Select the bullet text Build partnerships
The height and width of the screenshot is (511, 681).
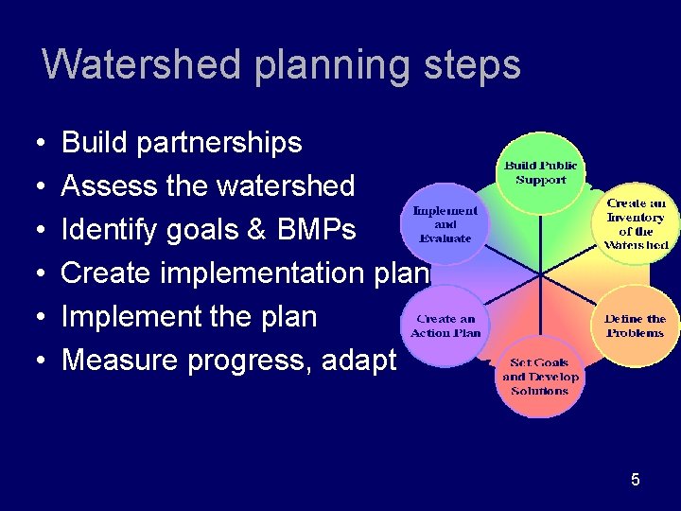tap(182, 143)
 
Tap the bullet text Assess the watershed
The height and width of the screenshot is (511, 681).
tap(208, 185)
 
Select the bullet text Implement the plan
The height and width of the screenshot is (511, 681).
tap(189, 316)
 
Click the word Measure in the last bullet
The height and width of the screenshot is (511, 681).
tap(119, 361)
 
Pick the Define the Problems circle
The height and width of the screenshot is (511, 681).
tap(635, 326)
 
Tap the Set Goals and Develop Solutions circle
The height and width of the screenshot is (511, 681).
tap(539, 377)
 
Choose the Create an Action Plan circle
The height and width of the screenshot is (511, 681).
tap(445, 326)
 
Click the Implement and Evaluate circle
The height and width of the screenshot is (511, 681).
tap(445, 223)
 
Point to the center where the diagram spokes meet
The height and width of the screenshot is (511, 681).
tap(541, 275)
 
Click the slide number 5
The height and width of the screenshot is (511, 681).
tap(636, 480)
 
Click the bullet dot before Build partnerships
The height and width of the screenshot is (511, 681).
tap(45, 144)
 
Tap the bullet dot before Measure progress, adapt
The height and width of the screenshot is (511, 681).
tap(45, 361)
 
